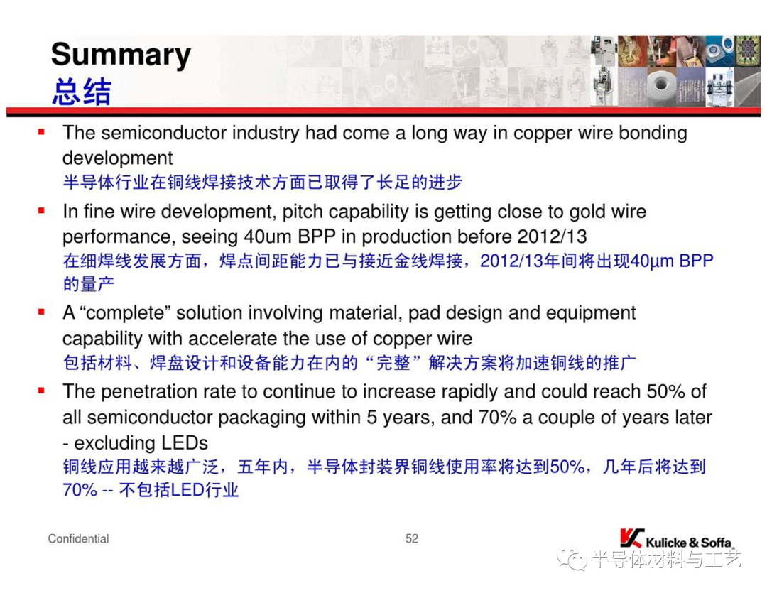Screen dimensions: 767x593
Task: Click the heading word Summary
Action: coord(121,55)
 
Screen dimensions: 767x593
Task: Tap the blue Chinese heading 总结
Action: coord(82,92)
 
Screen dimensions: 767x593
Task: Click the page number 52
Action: coord(411,539)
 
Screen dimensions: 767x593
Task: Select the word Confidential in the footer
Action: coord(78,539)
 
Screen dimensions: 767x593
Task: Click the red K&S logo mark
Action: coord(631,538)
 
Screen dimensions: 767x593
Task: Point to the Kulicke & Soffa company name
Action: coord(689,543)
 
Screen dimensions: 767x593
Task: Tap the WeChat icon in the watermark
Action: coord(571,558)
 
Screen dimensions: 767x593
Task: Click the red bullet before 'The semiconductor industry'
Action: coord(42,131)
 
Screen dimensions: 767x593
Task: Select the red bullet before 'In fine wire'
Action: coord(42,211)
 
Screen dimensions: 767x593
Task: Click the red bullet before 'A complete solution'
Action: coord(42,312)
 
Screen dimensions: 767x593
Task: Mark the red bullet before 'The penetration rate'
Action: coord(42,391)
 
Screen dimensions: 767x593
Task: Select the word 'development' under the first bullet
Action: coord(117,158)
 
